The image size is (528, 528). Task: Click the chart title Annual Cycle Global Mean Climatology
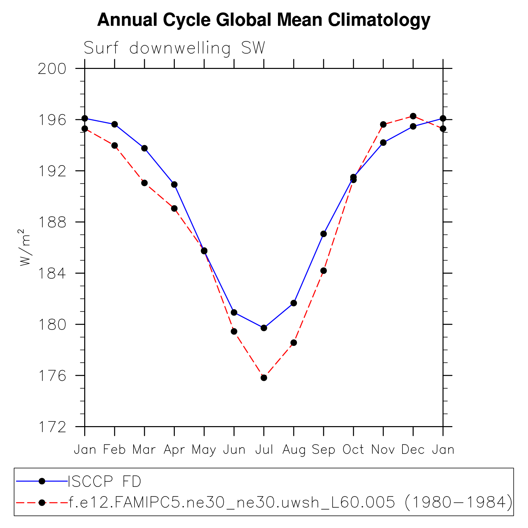[x=264, y=20]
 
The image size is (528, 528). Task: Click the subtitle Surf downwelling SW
[x=174, y=48]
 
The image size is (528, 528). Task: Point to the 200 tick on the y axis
[x=52, y=69]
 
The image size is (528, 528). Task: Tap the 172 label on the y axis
[x=52, y=427]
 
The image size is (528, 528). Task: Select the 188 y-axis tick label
[x=52, y=222]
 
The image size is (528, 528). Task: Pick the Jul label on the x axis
[x=264, y=450]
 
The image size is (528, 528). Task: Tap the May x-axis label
[x=204, y=450]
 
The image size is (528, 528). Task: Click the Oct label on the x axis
[x=353, y=450]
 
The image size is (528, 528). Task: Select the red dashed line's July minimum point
[x=264, y=378]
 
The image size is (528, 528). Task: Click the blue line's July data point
[x=264, y=328]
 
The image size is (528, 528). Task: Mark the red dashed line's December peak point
[x=413, y=116]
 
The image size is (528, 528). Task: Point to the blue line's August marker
[x=294, y=303]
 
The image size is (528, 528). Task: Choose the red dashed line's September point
[x=324, y=271]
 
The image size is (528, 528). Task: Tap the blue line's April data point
[x=174, y=184]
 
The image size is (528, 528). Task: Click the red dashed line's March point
[x=144, y=183]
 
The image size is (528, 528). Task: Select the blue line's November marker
[x=383, y=142]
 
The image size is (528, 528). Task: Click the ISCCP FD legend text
[x=105, y=481]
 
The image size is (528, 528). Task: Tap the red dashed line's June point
[x=234, y=331]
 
